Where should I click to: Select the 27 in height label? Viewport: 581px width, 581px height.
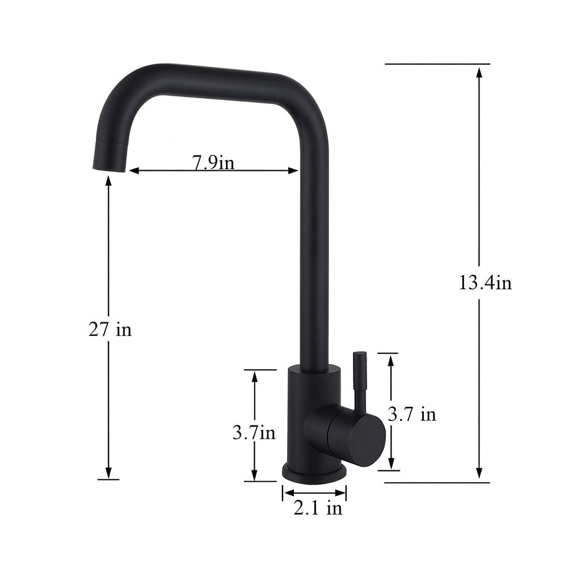[110, 329]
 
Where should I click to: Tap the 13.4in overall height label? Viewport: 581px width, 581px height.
[485, 282]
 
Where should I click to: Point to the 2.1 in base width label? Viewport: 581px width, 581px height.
[318, 508]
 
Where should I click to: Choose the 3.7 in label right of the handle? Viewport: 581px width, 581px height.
[412, 414]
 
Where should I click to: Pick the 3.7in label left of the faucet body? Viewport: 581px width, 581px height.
[254, 433]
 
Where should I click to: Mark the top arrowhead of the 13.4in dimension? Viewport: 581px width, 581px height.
[479, 72]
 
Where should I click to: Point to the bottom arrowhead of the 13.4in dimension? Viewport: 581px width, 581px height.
[479, 473]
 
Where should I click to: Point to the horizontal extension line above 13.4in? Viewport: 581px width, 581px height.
[437, 64]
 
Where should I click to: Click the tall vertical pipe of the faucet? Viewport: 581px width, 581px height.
[314, 255]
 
